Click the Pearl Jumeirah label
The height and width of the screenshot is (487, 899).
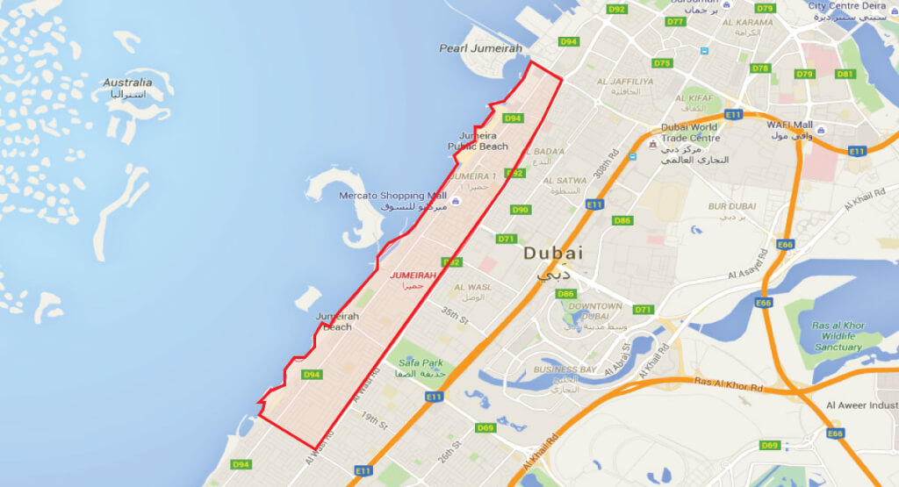480,48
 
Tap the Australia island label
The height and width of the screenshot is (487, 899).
127,82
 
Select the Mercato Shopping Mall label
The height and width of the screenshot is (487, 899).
393,196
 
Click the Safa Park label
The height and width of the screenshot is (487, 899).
421,362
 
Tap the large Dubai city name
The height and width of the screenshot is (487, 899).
553,254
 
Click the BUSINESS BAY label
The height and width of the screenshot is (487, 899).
565,369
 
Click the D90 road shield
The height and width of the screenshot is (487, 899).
521,210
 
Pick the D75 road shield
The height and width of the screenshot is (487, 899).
661,63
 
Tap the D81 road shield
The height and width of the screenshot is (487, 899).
845,74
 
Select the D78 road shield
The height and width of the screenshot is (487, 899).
760,68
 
